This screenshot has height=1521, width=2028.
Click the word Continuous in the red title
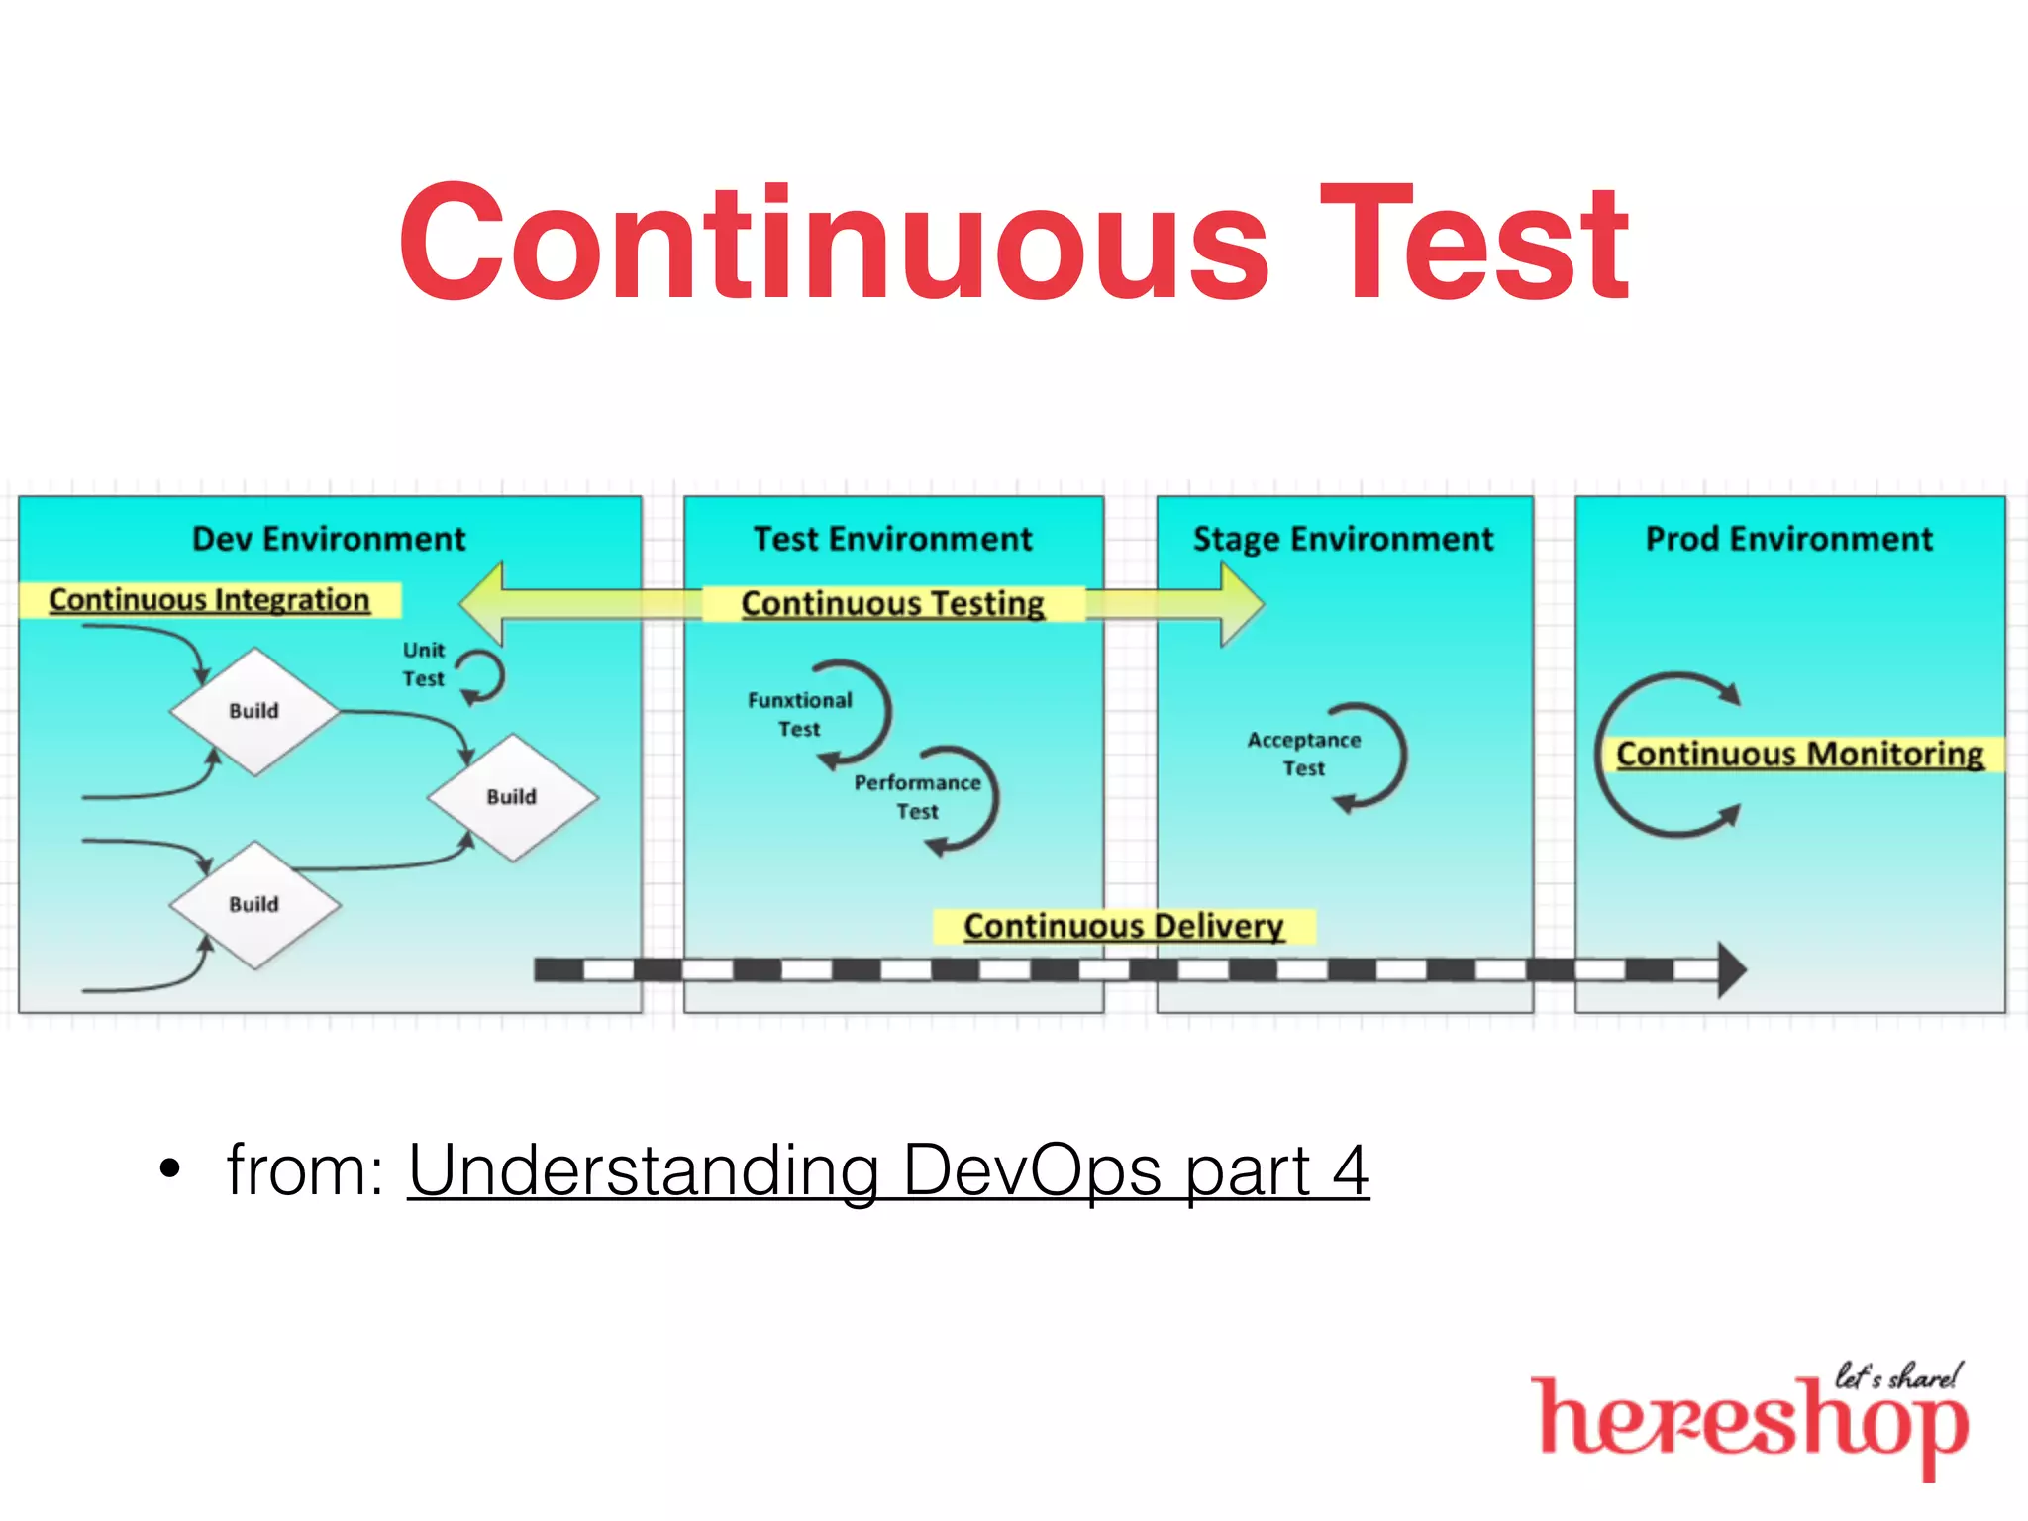(834, 243)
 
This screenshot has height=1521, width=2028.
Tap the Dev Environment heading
(328, 539)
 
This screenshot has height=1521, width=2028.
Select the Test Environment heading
(892, 539)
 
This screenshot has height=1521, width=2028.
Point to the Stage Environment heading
(1343, 539)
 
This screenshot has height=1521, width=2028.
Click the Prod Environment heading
(1788, 539)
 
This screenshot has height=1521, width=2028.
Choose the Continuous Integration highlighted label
(209, 600)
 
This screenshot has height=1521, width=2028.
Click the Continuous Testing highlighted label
(892, 603)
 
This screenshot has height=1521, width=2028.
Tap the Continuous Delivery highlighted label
(1123, 926)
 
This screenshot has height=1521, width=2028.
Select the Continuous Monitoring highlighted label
(1799, 755)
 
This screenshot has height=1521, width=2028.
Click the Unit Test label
(424, 664)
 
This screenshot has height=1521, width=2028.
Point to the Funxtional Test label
(799, 714)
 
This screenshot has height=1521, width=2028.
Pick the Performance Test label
(917, 796)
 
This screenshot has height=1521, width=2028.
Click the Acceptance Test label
(1303, 754)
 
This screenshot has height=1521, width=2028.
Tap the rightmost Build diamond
(512, 797)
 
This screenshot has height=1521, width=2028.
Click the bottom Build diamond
(254, 904)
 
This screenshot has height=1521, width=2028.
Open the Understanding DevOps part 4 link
(887, 1170)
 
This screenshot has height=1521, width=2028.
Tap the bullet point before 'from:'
(170, 1168)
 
